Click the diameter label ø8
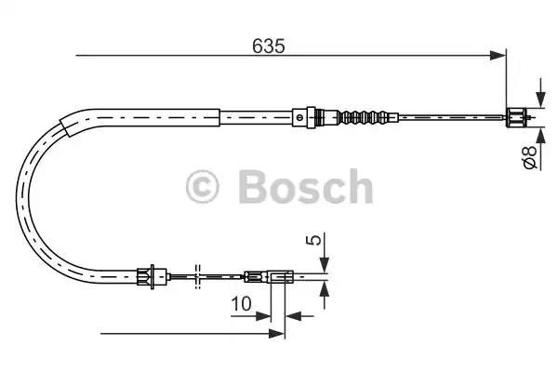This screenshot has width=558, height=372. [529, 158]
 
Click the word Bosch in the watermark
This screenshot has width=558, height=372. [305, 187]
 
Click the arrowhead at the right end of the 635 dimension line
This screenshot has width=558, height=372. [498, 57]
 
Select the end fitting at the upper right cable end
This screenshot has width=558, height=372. [517, 117]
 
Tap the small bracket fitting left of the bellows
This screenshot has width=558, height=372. [299, 117]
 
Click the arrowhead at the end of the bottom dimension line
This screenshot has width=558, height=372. [276, 332]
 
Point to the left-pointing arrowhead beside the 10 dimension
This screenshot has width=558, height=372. [292, 315]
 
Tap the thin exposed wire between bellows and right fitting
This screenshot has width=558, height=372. [446, 117]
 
